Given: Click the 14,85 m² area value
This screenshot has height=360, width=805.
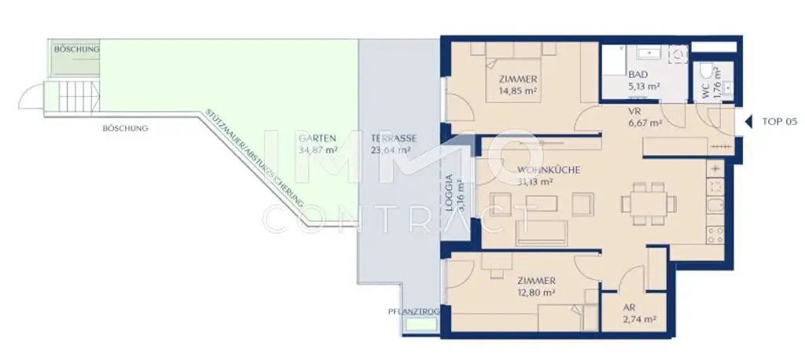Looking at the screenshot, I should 517,90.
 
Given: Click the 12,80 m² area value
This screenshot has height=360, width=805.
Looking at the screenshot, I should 537,292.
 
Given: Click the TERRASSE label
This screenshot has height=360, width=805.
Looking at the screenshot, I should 393,138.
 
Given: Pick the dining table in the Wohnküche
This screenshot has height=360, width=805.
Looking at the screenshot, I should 649,202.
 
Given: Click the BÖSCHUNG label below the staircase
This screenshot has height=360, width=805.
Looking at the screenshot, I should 125,127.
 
